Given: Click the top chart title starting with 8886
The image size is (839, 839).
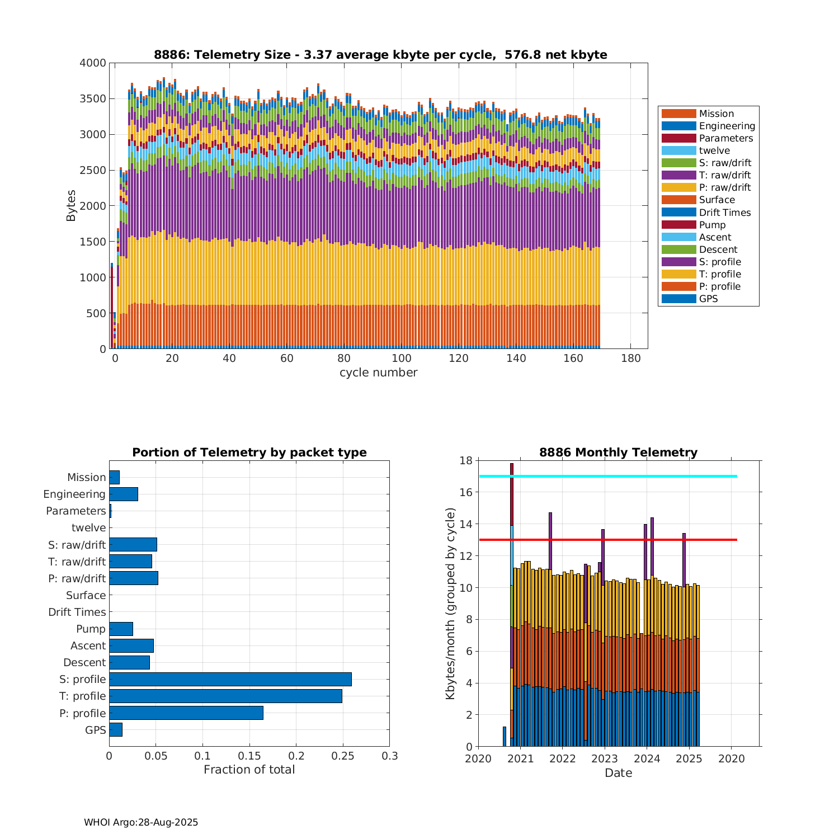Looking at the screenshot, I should [x=380, y=55].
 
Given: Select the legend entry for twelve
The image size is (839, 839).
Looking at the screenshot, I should [x=714, y=150].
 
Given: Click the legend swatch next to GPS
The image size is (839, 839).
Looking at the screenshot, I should [x=678, y=299].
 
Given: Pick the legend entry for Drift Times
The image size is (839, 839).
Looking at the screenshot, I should [x=724, y=213].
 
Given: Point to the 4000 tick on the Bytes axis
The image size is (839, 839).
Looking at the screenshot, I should [x=93, y=63].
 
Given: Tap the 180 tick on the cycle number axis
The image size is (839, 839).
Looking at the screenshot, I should [x=631, y=359].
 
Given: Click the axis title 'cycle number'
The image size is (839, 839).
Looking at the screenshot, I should [x=378, y=373].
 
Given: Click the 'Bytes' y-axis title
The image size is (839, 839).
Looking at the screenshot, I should [x=71, y=206].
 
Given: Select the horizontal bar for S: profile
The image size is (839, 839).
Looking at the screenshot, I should [x=230, y=679].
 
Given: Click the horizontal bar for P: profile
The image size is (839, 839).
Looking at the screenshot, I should [x=186, y=713].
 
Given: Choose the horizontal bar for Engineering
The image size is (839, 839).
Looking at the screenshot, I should [x=124, y=494].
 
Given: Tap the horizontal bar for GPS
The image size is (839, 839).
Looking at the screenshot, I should [x=116, y=729].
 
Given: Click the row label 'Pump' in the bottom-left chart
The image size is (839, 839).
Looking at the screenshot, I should [x=91, y=629].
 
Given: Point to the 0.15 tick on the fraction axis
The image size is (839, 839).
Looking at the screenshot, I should [x=249, y=756].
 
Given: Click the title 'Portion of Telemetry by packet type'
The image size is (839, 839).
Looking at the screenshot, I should [x=249, y=453].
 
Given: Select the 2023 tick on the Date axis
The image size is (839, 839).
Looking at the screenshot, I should [x=605, y=758].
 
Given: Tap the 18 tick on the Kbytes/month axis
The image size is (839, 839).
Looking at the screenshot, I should [x=466, y=460].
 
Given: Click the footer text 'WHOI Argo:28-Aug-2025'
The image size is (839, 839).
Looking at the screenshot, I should [x=141, y=822].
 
